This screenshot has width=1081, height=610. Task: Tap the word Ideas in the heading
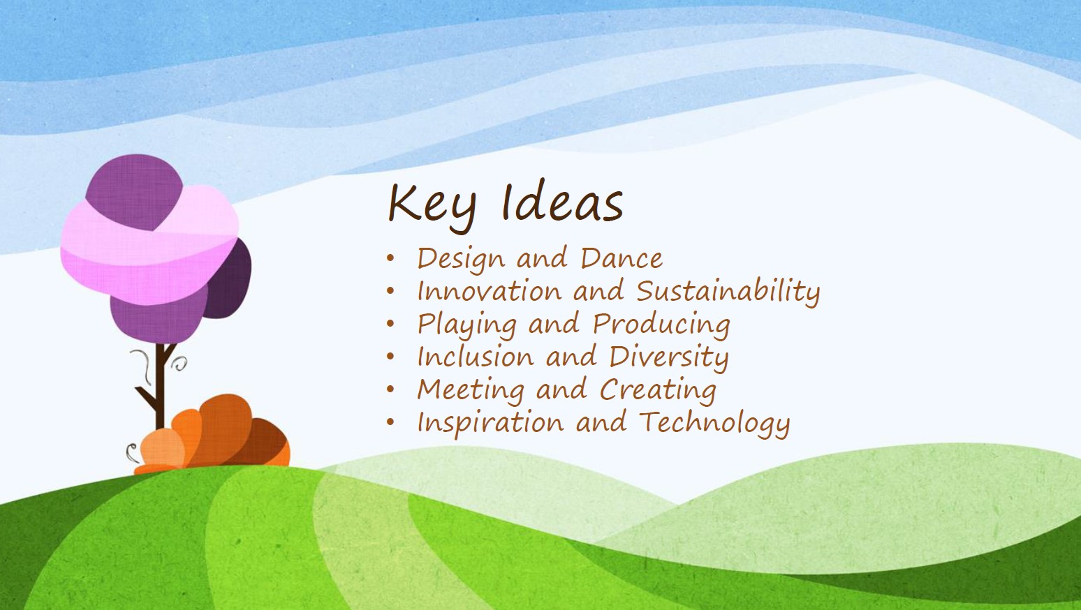coord(562,202)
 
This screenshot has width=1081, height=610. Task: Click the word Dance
coord(622,258)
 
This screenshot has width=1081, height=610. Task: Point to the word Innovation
coord(490,291)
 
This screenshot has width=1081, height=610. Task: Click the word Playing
coord(466,325)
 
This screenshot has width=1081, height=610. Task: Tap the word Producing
coord(661,325)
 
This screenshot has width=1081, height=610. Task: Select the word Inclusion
coord(476,357)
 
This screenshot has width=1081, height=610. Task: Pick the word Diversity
coord(669,357)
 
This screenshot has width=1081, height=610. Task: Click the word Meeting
coord(471,389)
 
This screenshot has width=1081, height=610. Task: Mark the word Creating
coord(659,389)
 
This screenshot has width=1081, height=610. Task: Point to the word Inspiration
coord(490,423)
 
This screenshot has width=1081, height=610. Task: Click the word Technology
coord(714,423)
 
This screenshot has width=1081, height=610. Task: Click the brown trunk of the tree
coord(159,386)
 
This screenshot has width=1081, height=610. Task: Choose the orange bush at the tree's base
coord(212,434)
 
